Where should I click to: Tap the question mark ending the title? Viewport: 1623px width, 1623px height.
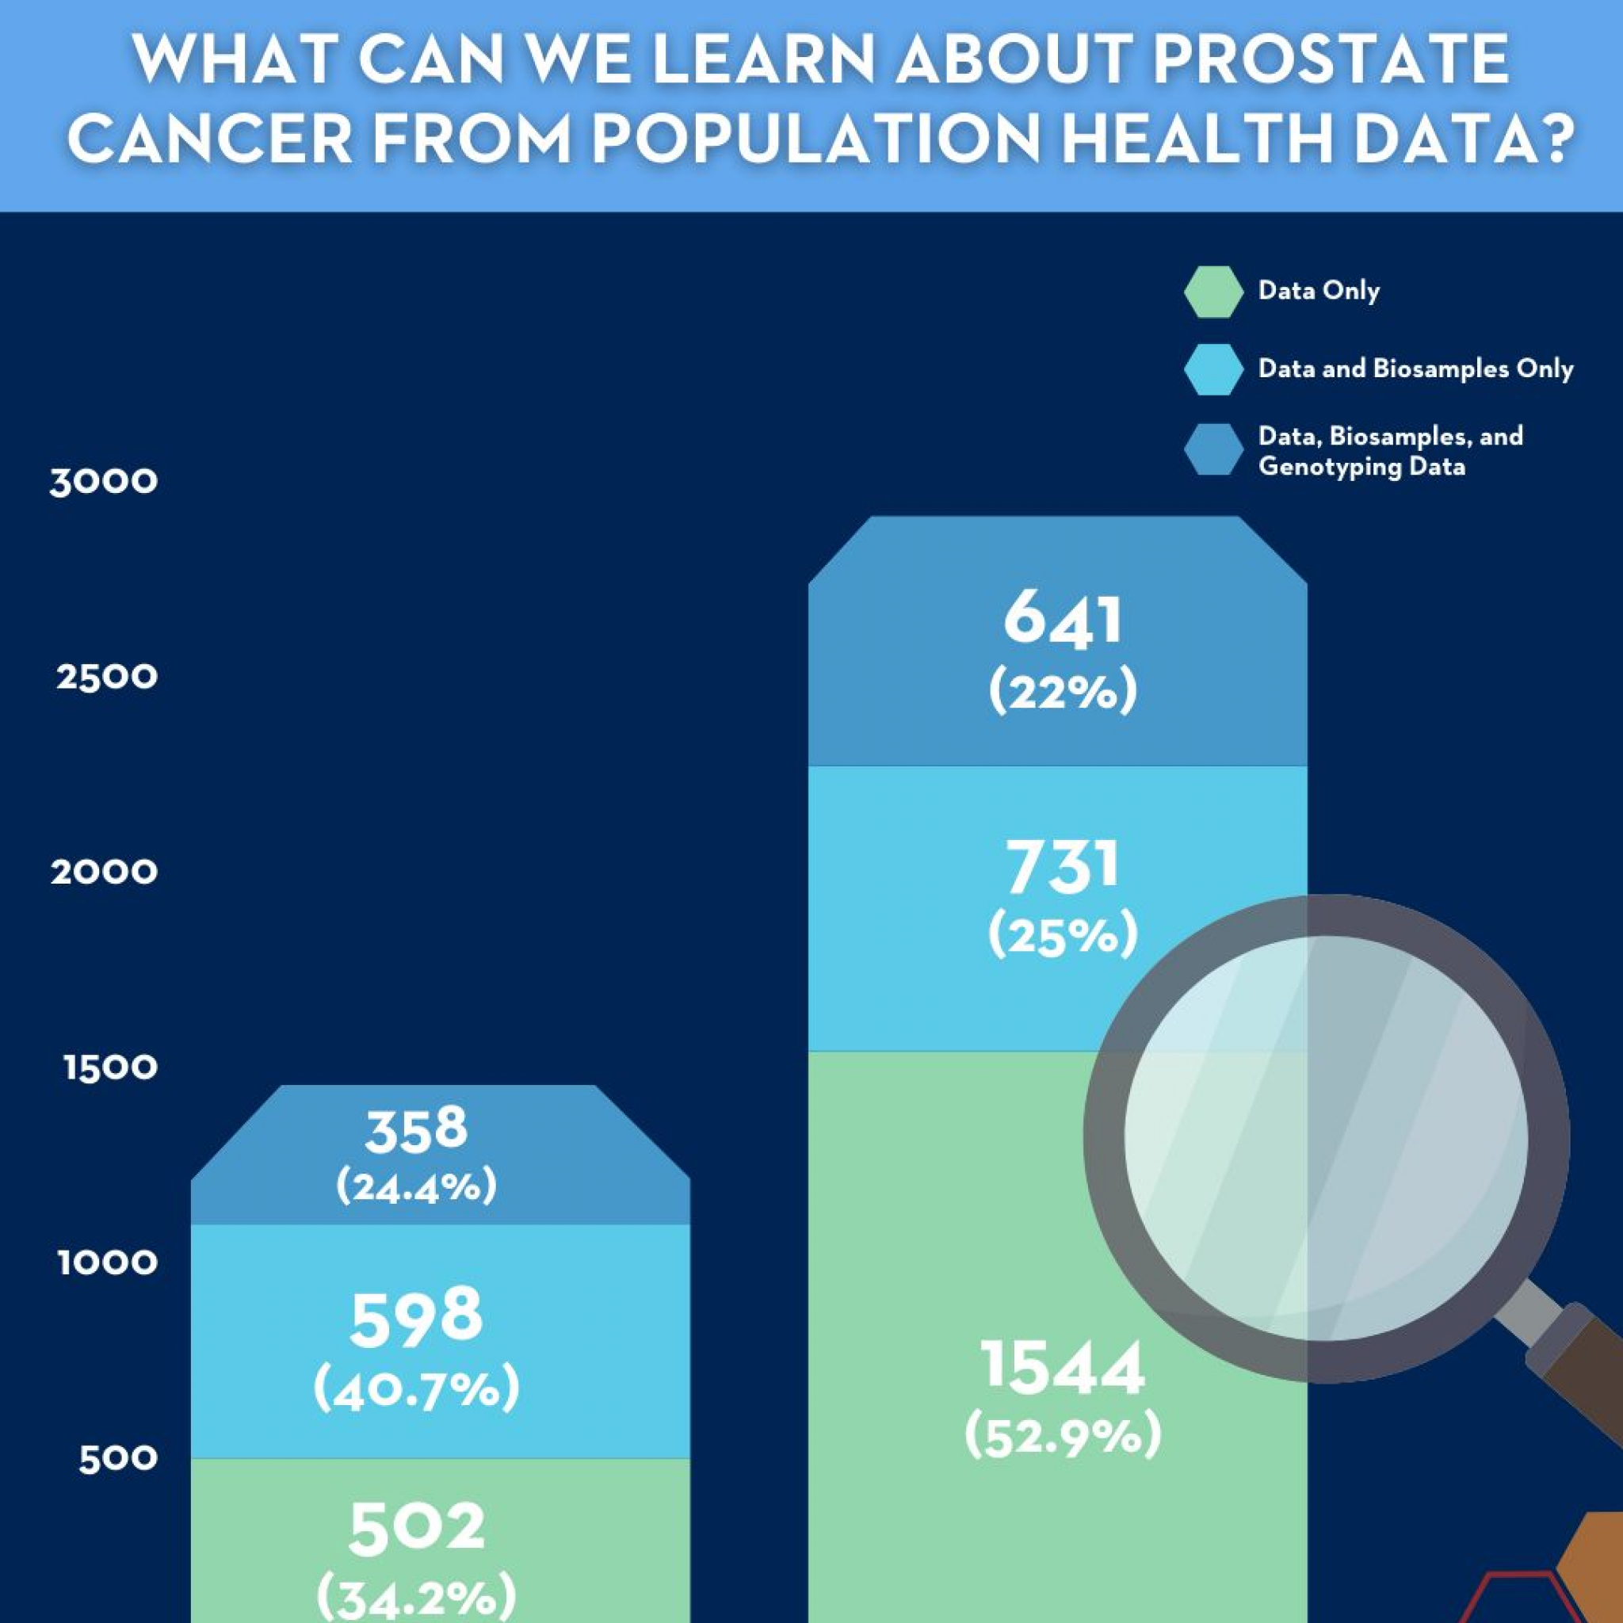(x=1538, y=137)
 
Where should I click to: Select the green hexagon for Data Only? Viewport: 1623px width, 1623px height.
(x=1213, y=292)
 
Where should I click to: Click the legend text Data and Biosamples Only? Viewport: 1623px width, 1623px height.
(x=1415, y=369)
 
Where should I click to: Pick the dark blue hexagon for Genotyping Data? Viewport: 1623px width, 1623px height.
(x=1213, y=449)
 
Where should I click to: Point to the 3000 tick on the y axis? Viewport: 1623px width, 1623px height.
(x=104, y=482)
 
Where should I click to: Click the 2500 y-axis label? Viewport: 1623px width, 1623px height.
(x=107, y=677)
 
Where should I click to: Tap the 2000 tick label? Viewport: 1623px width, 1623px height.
(x=104, y=872)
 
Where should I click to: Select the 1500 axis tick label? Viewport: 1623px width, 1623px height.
(x=110, y=1067)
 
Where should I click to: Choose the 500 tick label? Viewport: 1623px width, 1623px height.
(x=118, y=1459)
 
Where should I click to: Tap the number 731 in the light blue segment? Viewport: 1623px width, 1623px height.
(x=1063, y=867)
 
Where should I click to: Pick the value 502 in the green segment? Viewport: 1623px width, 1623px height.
(x=416, y=1527)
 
